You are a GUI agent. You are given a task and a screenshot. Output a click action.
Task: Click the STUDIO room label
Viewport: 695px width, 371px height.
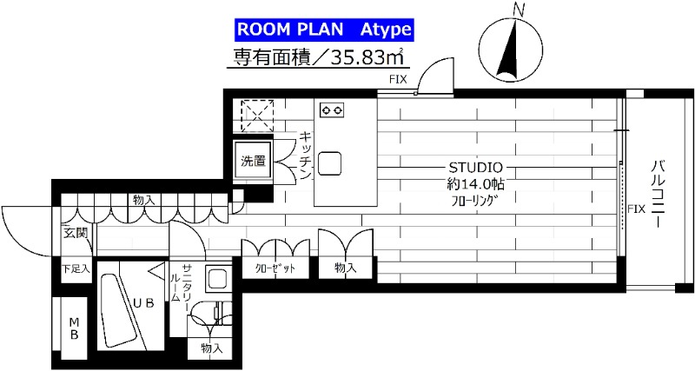pyautogui.click(x=473, y=166)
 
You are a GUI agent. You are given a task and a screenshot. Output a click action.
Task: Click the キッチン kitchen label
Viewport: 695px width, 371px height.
pyautogui.click(x=305, y=156)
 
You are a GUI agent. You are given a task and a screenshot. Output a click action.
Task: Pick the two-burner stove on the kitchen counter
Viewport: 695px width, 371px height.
pyautogui.click(x=332, y=109)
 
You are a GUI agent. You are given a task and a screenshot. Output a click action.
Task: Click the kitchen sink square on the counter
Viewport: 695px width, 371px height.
pyautogui.click(x=330, y=162)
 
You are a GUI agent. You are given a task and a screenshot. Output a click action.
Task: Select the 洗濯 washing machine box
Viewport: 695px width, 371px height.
pyautogui.click(x=254, y=160)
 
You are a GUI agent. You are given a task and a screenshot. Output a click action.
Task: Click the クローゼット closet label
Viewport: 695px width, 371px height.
pyautogui.click(x=275, y=268)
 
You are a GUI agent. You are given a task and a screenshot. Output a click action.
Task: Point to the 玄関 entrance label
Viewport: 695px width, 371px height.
pyautogui.click(x=74, y=232)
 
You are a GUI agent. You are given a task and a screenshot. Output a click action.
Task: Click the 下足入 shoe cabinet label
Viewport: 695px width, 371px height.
pyautogui.click(x=75, y=269)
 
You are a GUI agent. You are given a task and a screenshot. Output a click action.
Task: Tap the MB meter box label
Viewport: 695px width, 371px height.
pyautogui.click(x=75, y=328)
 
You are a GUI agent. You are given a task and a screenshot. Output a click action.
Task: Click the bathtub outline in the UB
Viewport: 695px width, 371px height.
pyautogui.click(x=116, y=313)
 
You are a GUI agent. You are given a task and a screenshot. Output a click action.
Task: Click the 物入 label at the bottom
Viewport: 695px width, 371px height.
pyautogui.click(x=211, y=348)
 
